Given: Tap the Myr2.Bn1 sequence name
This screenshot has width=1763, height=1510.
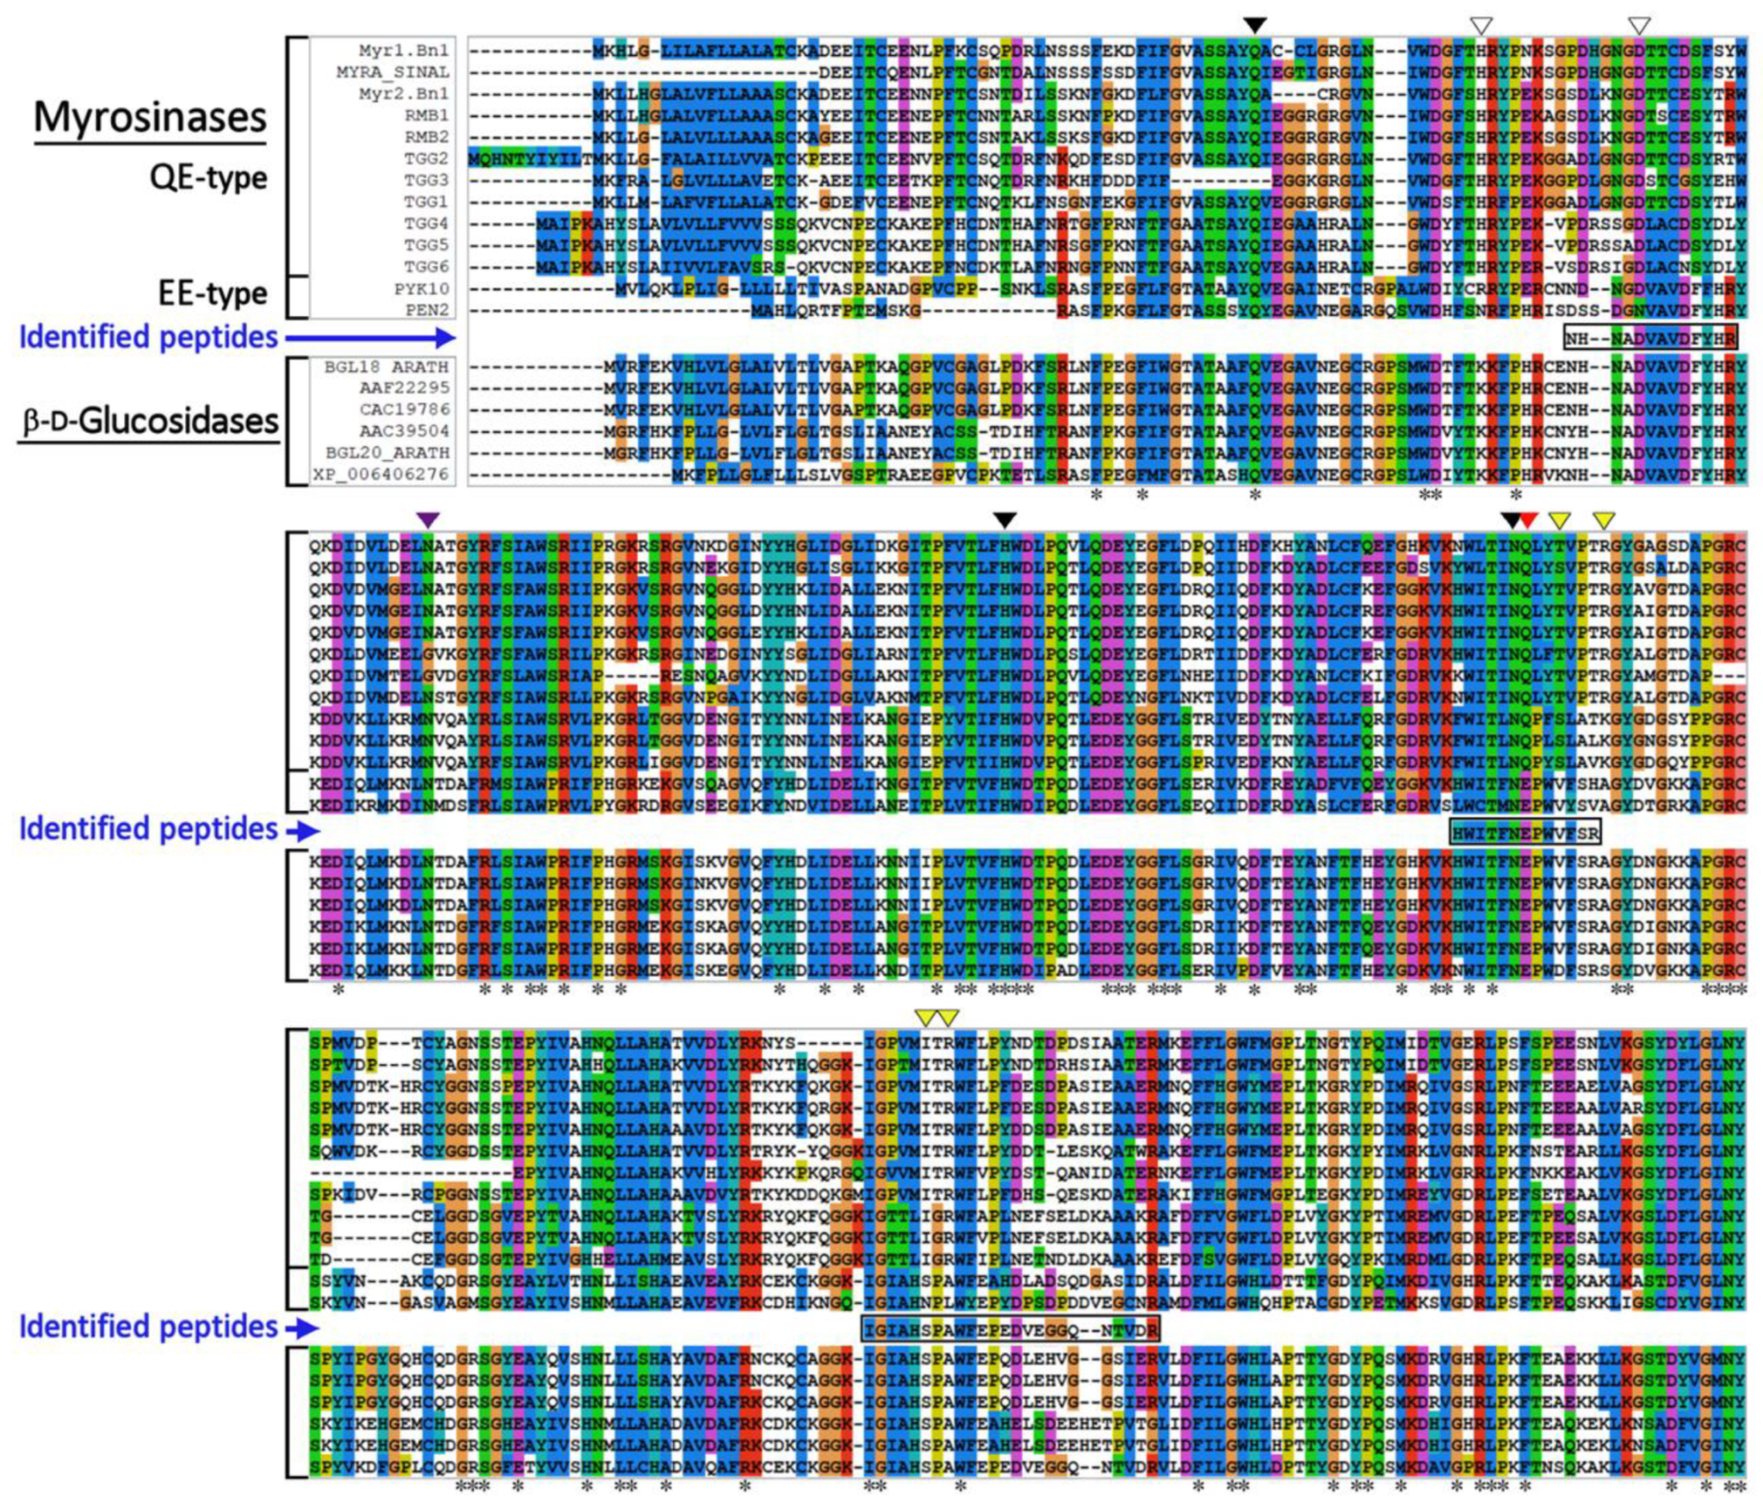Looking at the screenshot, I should click(414, 94).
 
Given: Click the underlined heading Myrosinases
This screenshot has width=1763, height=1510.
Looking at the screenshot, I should click(151, 117).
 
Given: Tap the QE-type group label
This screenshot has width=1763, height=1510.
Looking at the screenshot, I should click(208, 177).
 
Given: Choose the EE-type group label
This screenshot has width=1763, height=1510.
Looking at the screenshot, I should click(214, 292).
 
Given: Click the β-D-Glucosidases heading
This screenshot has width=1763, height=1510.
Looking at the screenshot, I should click(149, 420).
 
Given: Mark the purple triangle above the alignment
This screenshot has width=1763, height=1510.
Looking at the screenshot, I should click(428, 519).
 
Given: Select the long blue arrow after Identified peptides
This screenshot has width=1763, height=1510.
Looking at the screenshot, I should click(370, 339).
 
